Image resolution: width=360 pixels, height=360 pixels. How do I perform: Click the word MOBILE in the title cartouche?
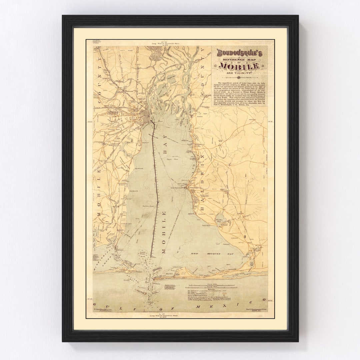pos(239,66)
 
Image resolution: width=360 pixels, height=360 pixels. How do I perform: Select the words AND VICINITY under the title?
pos(239,73)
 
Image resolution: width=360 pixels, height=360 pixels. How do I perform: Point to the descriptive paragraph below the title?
pos(240,94)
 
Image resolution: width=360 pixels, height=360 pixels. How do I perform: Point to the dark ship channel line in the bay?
pos(155,187)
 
